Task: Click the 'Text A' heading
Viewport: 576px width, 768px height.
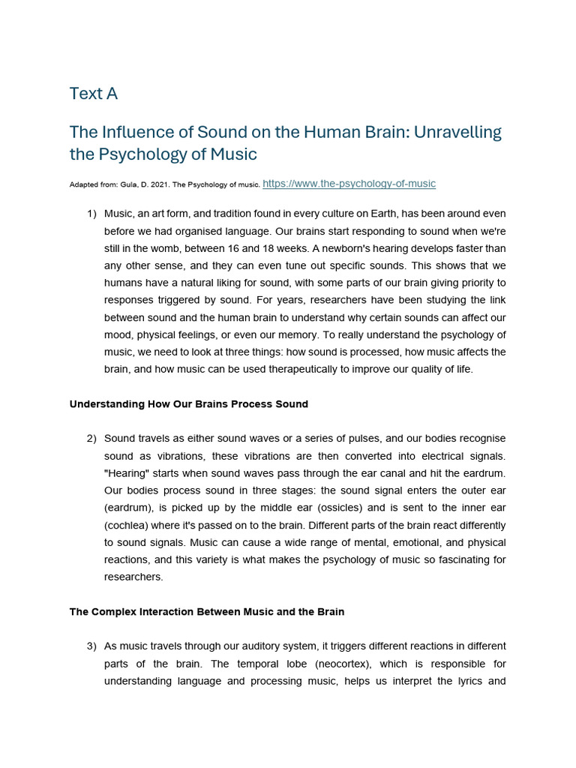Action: tap(94, 94)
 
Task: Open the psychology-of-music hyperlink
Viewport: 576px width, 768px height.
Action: tap(349, 183)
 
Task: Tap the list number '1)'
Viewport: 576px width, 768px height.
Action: tap(91, 214)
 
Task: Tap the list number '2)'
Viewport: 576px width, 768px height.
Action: tap(91, 438)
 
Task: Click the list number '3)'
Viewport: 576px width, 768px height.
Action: tap(91, 646)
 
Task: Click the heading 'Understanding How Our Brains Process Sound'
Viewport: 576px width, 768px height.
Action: tap(188, 404)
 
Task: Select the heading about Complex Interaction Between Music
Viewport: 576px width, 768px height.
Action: tap(206, 612)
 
